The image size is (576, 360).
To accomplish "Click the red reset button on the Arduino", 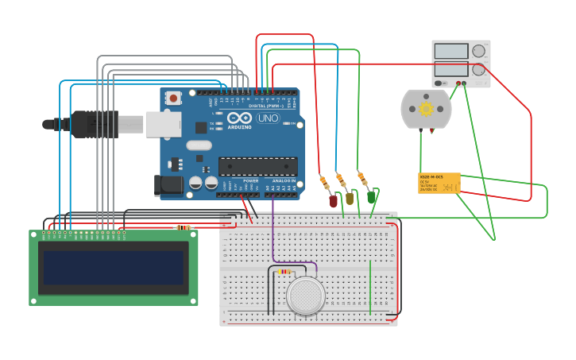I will [x=173, y=99].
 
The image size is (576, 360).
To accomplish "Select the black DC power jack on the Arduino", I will [x=172, y=185].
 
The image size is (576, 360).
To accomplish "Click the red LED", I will [x=333, y=201].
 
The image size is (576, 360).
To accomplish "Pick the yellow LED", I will [x=350, y=199].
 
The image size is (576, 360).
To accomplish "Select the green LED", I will [x=371, y=196].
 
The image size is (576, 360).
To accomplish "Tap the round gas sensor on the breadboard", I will [x=307, y=296].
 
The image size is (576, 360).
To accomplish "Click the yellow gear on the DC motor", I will [x=427, y=109].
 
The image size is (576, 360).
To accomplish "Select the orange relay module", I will [x=439, y=183].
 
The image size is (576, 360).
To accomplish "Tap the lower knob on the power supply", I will [x=478, y=70].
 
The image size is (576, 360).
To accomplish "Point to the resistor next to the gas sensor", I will [x=284, y=272].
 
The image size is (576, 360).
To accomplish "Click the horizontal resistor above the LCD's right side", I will [x=184, y=228].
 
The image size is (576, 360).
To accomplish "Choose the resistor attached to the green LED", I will [x=363, y=178].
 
